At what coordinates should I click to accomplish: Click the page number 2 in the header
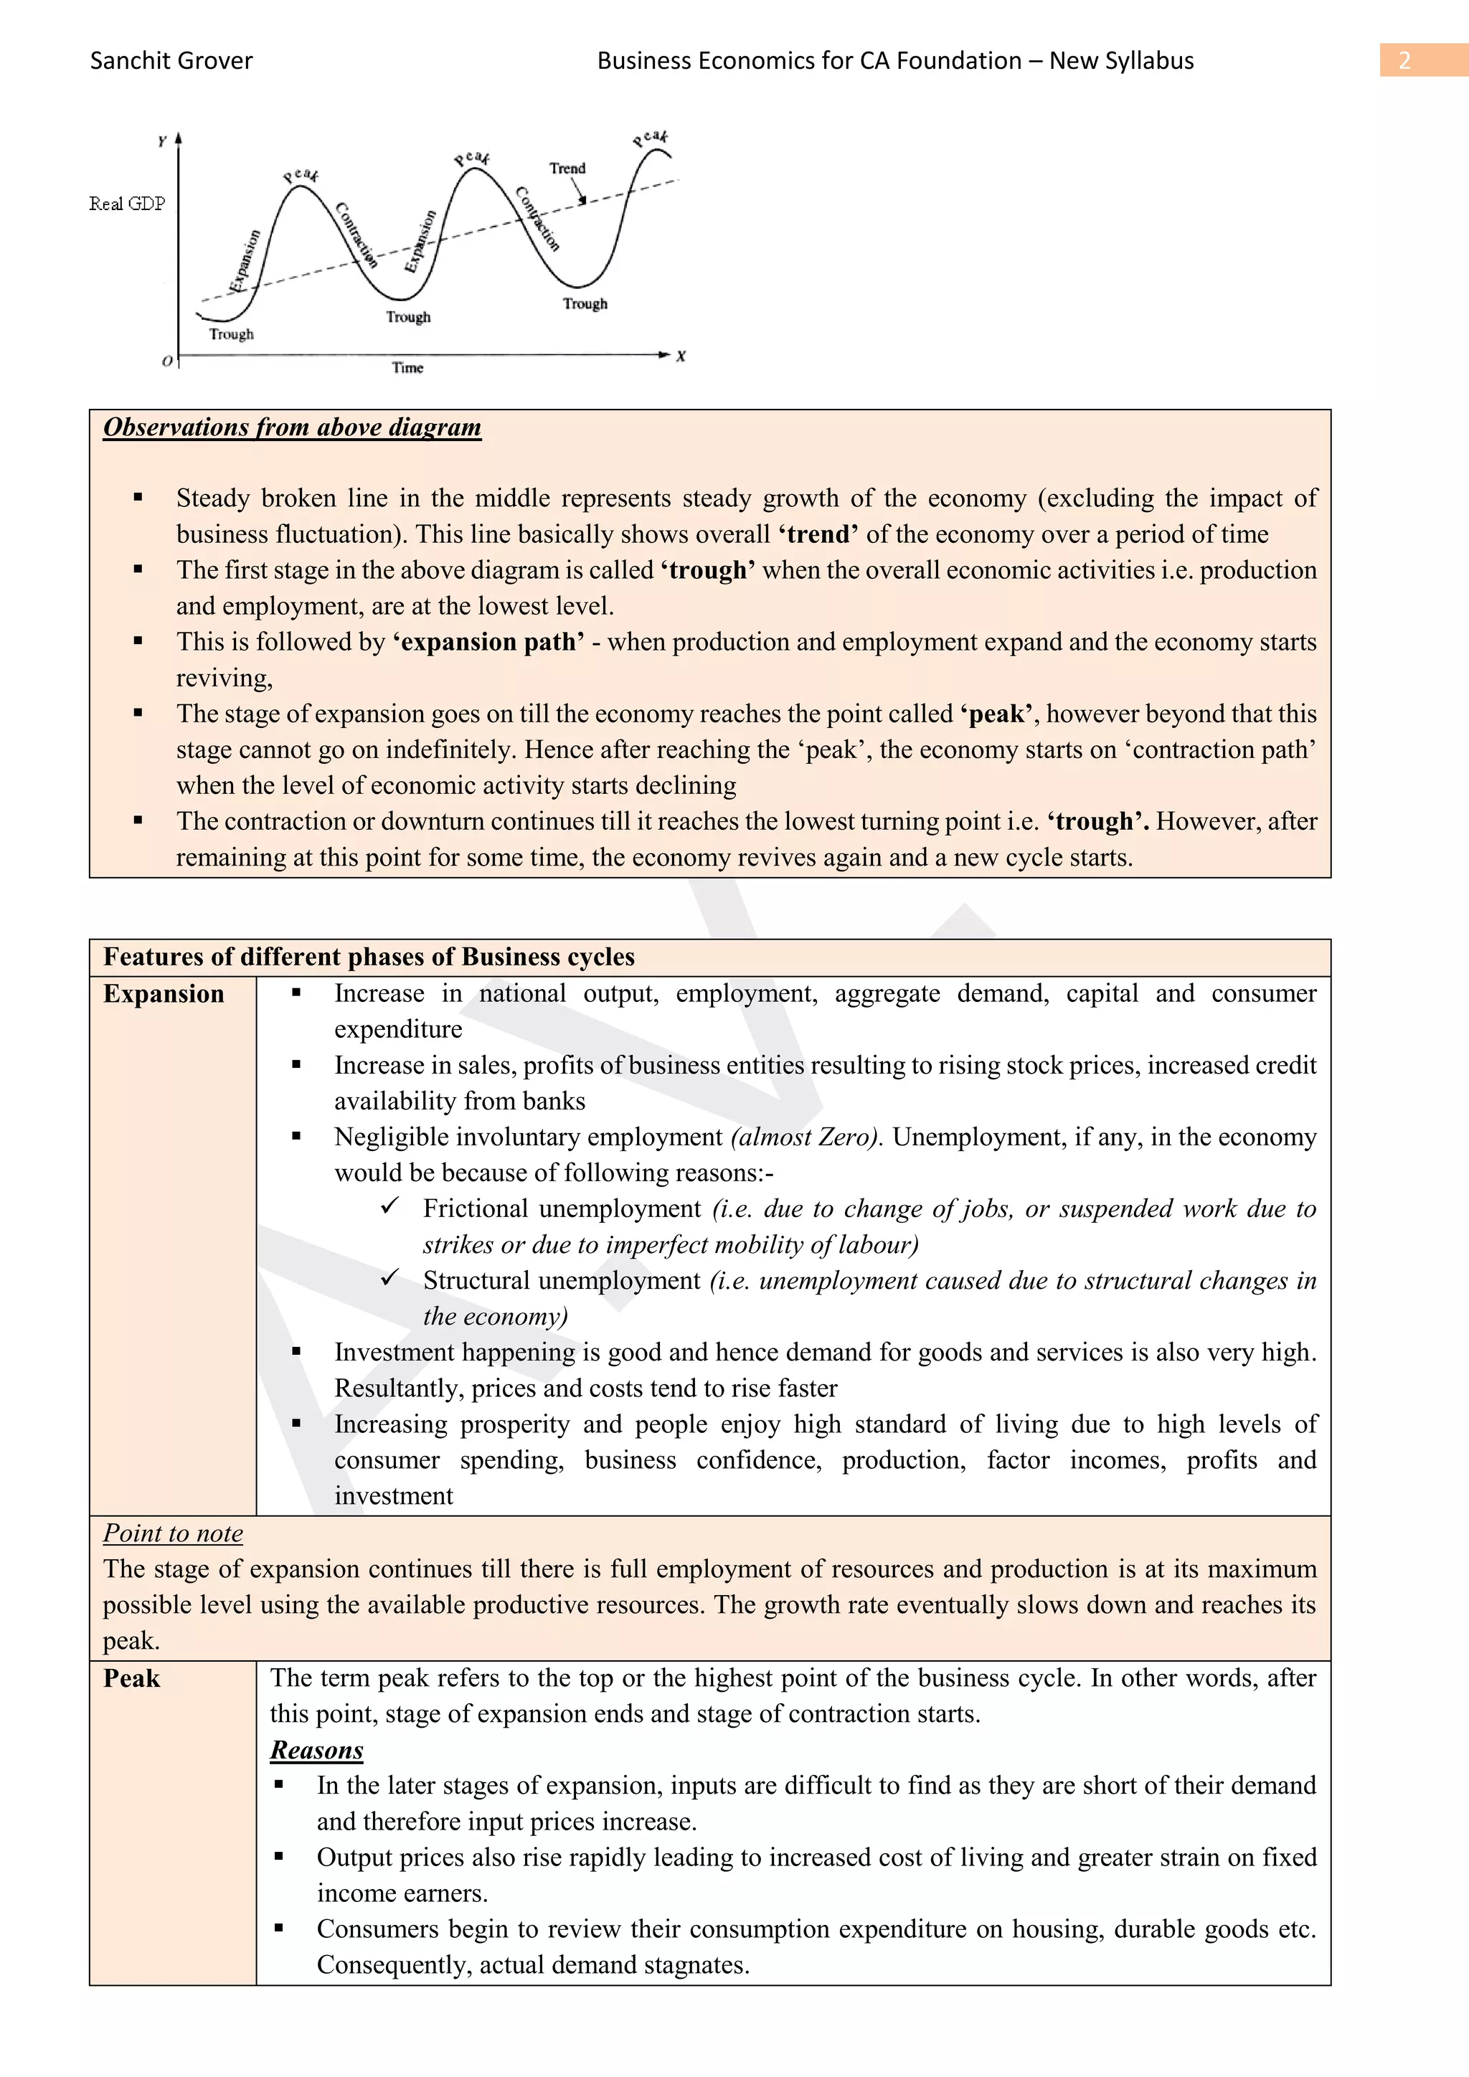1404,61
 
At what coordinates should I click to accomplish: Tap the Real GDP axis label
127,204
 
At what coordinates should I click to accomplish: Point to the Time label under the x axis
407,367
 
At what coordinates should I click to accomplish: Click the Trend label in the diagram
567,169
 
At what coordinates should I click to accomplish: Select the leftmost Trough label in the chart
232,333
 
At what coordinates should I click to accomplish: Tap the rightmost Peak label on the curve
651,138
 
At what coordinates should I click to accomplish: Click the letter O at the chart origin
166,361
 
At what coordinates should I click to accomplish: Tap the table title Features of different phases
369,957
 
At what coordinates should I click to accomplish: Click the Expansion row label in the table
164,993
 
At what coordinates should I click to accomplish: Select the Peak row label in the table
132,1678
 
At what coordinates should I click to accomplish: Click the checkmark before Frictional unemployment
390,1207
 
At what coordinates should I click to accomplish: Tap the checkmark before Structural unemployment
390,1278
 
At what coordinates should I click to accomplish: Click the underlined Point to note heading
173,1533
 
